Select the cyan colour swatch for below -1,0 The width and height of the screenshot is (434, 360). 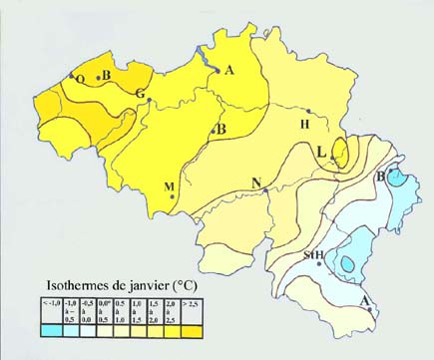coord(50,326)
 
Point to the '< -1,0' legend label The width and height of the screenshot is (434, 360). coord(50,300)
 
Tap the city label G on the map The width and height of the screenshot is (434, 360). coord(140,94)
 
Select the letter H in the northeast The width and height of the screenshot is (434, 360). coord(305,125)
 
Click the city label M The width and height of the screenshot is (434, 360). coord(168,186)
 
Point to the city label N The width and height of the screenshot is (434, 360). coord(256,182)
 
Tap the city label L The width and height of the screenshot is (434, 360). coord(321,151)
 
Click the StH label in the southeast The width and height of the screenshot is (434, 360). coord(313,255)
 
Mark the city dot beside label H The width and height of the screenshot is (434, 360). coord(310,111)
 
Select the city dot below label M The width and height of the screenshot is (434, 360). coord(174,197)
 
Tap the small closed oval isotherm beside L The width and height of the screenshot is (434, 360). coord(340,154)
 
